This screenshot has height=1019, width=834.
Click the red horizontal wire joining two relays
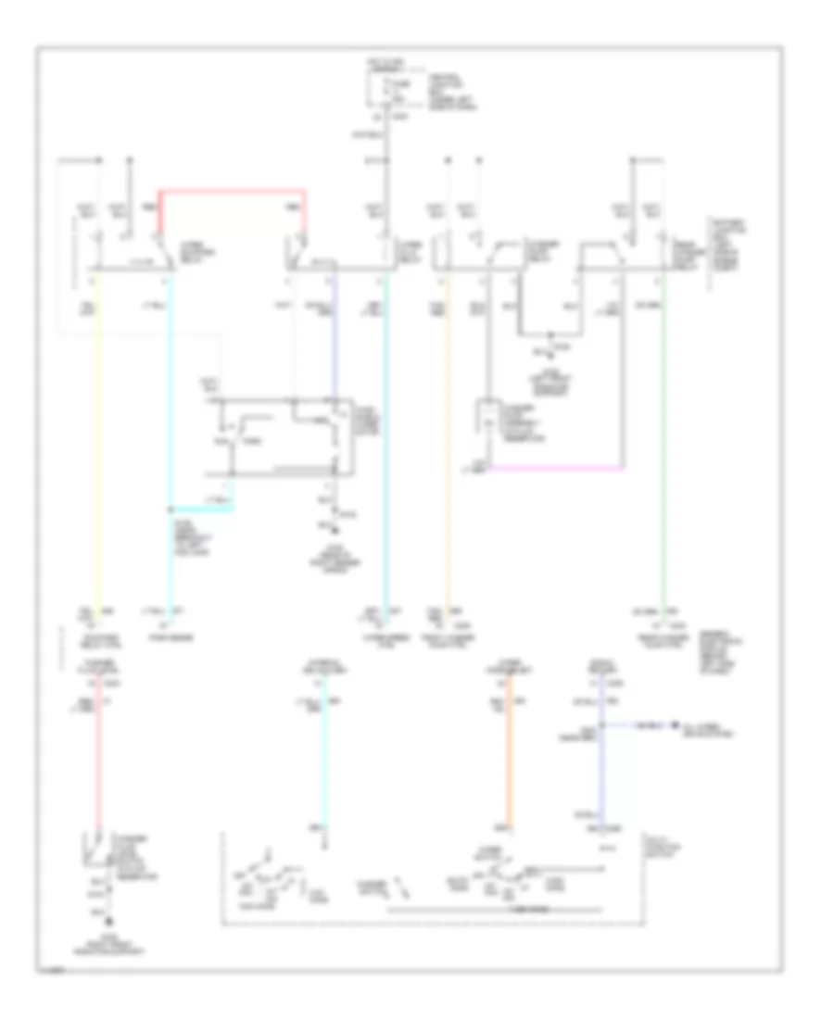pyautogui.click(x=232, y=191)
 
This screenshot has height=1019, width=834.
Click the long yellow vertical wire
pyautogui.click(x=99, y=435)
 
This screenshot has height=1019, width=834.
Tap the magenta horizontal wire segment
pyautogui.click(x=556, y=466)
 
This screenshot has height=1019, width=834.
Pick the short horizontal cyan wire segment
pyautogui.click(x=202, y=509)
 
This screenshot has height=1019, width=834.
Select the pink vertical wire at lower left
pyautogui.click(x=99, y=760)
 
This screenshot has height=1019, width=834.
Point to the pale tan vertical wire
pyautogui.click(x=449, y=435)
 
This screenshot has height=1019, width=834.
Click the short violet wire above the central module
pyautogui.click(x=335, y=333)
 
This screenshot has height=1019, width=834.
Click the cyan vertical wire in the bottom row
pyautogui.click(x=322, y=760)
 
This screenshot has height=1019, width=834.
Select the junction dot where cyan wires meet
pyautogui.click(x=171, y=509)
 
